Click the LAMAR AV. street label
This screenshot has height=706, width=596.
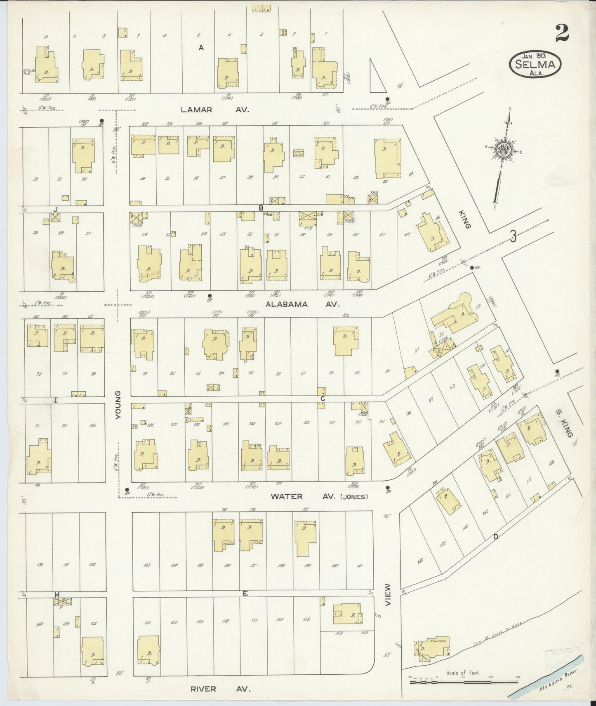coord(216,110)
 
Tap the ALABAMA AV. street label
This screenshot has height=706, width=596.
coord(302,304)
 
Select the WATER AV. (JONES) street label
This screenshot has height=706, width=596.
coord(318,496)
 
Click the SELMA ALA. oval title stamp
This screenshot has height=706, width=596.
coord(535,63)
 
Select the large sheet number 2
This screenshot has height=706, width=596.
coord(562,33)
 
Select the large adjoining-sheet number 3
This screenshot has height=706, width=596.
coord(513,236)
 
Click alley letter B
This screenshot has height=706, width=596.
coord(261,208)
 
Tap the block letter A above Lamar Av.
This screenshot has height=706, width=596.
coord(201,48)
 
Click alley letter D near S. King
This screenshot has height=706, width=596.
coord(496,536)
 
